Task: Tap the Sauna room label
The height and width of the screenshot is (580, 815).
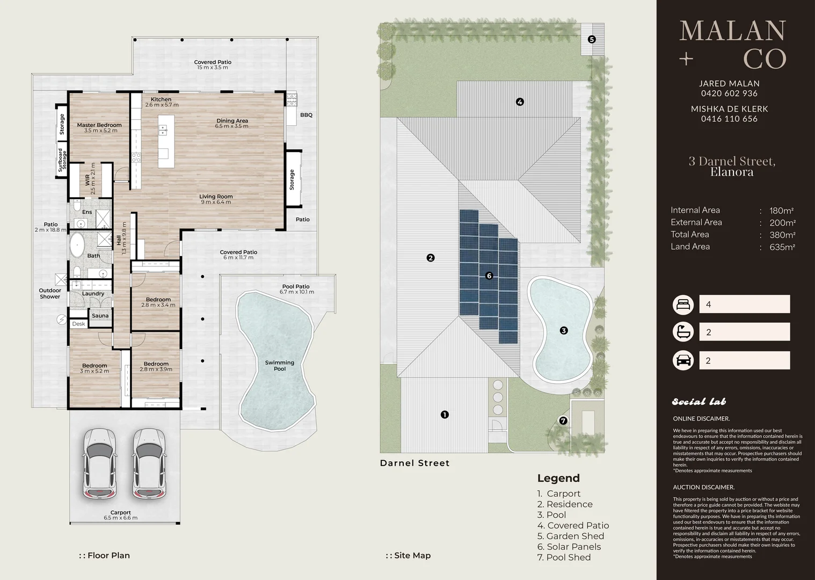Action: coord(100,315)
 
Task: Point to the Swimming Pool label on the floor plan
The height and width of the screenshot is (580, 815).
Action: coord(279,365)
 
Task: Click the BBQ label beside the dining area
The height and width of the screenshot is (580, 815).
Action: coord(306,115)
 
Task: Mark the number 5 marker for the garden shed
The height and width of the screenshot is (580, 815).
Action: coord(592,39)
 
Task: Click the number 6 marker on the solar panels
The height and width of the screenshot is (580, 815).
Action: coord(489,276)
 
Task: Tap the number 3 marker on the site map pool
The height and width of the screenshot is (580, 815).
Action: coord(564,330)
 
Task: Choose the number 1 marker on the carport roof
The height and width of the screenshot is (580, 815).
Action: coord(445,415)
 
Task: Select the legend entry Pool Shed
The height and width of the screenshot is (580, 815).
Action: coord(564,557)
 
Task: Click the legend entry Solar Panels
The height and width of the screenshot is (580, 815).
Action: coord(569,547)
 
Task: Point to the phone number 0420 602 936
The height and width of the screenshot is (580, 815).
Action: coord(729,93)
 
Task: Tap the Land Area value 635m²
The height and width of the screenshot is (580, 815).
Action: coord(782,247)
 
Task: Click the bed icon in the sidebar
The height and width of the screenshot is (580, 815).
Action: coord(683,305)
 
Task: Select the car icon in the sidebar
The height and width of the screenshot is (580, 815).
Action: coord(683,360)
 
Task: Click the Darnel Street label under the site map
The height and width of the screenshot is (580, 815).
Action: coord(415,463)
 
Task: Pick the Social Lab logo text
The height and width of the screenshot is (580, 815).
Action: coord(699,402)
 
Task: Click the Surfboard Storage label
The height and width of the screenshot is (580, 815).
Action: coord(62,160)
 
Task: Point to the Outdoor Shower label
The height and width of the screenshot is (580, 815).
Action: coord(50,293)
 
